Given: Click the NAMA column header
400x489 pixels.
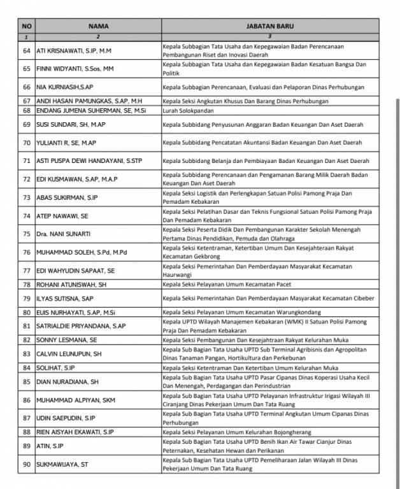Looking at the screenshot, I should [98, 26].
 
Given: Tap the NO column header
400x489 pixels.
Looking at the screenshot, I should [27, 26].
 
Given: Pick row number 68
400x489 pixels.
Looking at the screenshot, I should [27, 110].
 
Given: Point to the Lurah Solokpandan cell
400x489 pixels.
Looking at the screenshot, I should [188, 110].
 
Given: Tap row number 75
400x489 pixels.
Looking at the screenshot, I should [27, 234].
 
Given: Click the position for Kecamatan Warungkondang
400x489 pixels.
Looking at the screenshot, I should [239, 312].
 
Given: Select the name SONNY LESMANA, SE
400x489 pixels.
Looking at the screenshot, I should [67, 339].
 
